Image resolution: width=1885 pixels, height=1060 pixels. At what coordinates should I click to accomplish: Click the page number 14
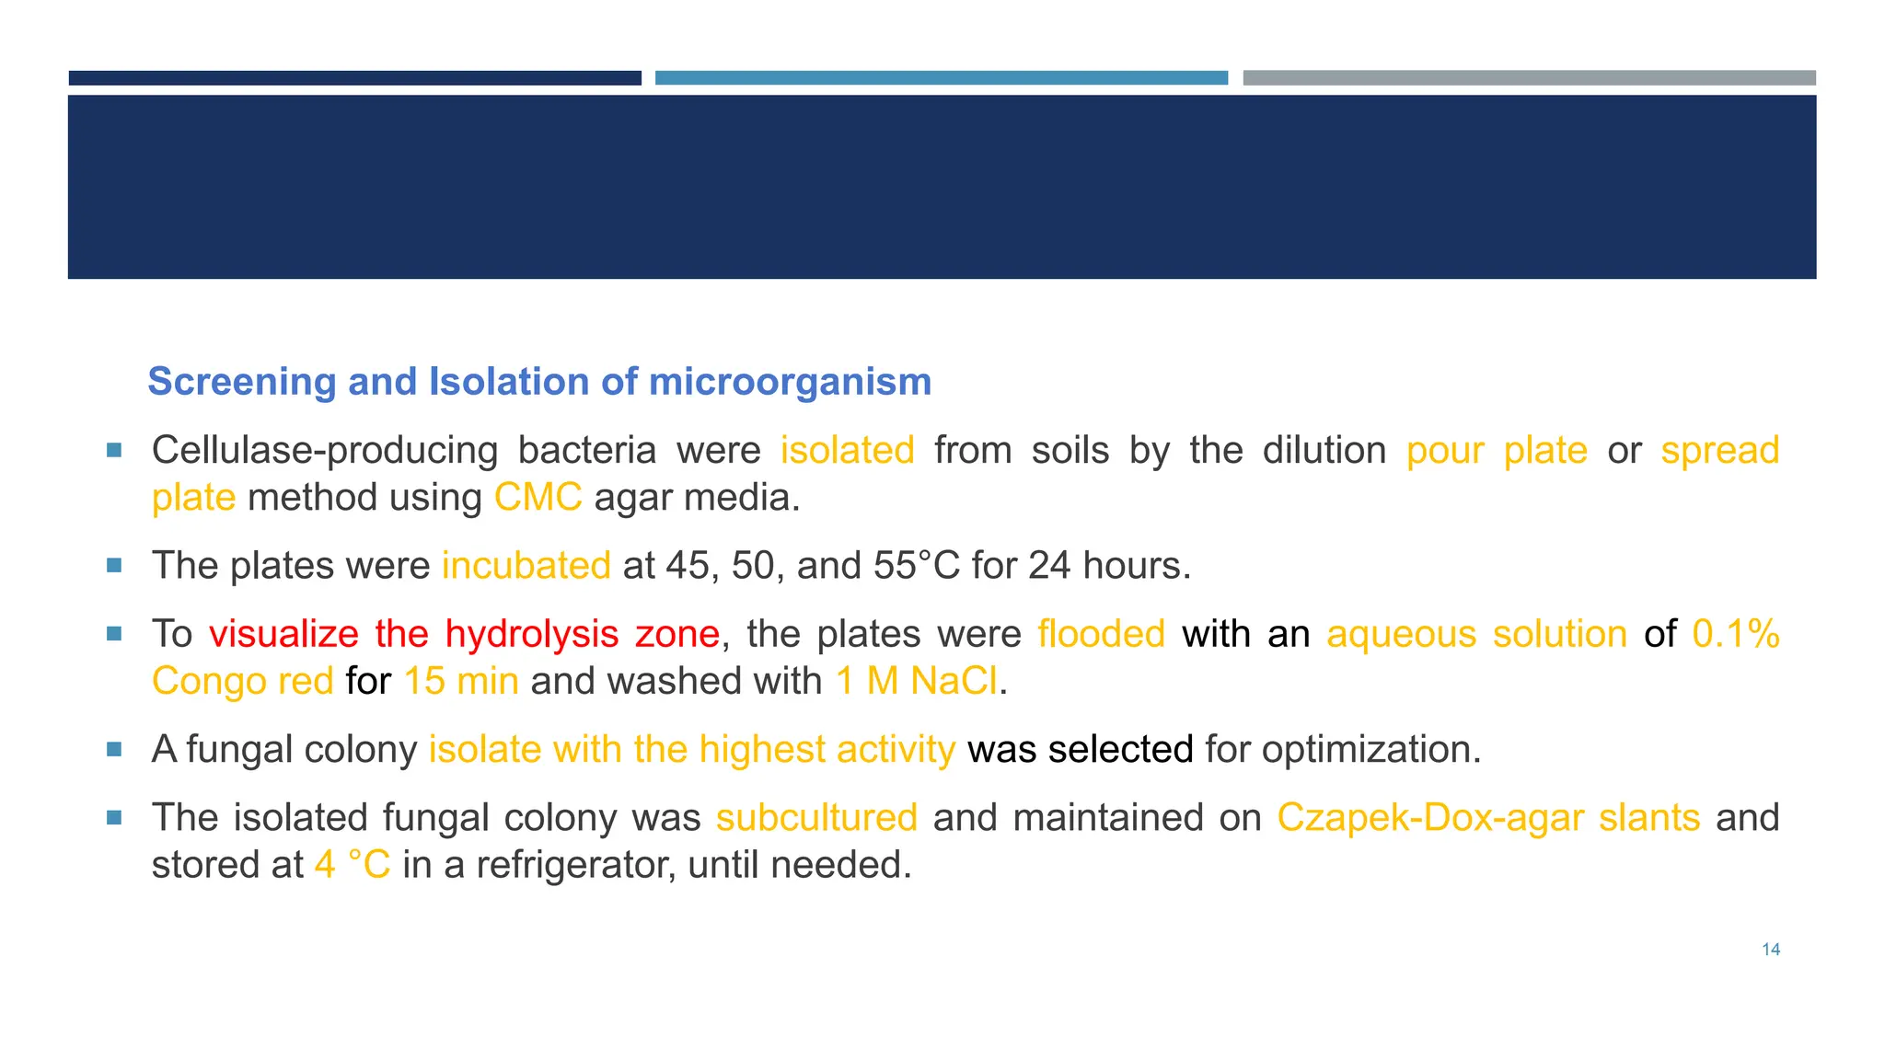click(x=1770, y=950)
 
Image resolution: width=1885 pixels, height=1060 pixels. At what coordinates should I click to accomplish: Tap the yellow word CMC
click(x=538, y=498)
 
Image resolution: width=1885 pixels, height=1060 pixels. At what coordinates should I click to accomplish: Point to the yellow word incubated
click(x=526, y=566)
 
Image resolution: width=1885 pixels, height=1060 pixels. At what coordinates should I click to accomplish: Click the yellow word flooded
click(x=1101, y=634)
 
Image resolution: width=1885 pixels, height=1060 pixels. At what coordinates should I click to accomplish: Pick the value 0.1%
click(x=1735, y=634)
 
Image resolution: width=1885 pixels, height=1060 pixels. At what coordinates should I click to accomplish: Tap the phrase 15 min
click(x=461, y=682)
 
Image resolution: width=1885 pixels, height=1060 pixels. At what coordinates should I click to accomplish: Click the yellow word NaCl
click(x=954, y=682)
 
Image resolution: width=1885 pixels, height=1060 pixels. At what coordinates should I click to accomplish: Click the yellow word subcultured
click(x=816, y=818)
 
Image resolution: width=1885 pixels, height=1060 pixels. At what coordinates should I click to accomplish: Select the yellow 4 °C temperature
click(x=353, y=865)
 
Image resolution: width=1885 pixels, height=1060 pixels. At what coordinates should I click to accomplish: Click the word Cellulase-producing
click(x=324, y=451)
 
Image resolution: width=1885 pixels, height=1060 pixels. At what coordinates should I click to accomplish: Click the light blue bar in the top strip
click(x=941, y=78)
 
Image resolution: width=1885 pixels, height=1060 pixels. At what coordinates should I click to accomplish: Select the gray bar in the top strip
click(x=1529, y=78)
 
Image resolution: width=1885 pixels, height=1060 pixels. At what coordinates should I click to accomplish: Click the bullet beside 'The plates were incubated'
click(x=114, y=566)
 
